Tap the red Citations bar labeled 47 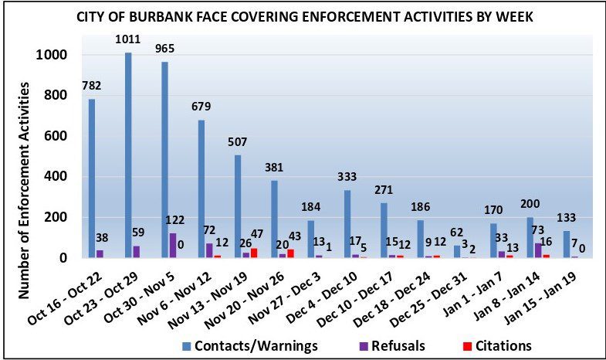pyautogui.click(x=254, y=253)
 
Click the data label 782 pyautogui.click(x=92, y=86)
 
